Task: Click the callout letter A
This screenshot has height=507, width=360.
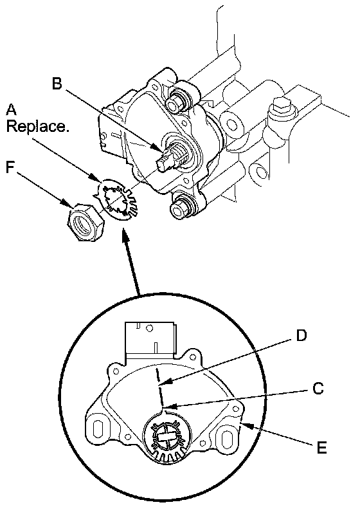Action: [12, 109]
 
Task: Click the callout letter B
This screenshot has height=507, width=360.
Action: [57, 84]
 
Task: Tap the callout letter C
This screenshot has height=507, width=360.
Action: [318, 388]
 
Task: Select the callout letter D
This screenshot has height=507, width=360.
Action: [301, 336]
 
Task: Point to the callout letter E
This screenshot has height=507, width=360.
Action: [321, 448]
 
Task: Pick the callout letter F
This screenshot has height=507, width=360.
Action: [11, 167]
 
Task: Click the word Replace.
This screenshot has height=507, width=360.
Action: [38, 126]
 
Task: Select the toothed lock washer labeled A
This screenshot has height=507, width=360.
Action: [116, 199]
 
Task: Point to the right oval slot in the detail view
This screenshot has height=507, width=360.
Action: [226, 438]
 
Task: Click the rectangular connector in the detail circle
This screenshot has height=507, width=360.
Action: [150, 339]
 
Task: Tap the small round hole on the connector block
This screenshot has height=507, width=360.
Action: [149, 329]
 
